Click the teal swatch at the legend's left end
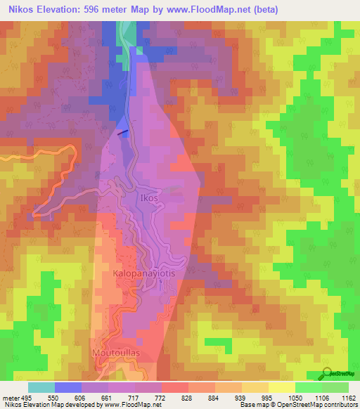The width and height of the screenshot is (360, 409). pyautogui.click(x=41, y=387)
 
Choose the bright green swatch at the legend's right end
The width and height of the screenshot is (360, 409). pyautogui.click(x=335, y=387)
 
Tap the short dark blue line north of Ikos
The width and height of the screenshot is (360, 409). pyautogui.click(x=122, y=131)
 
